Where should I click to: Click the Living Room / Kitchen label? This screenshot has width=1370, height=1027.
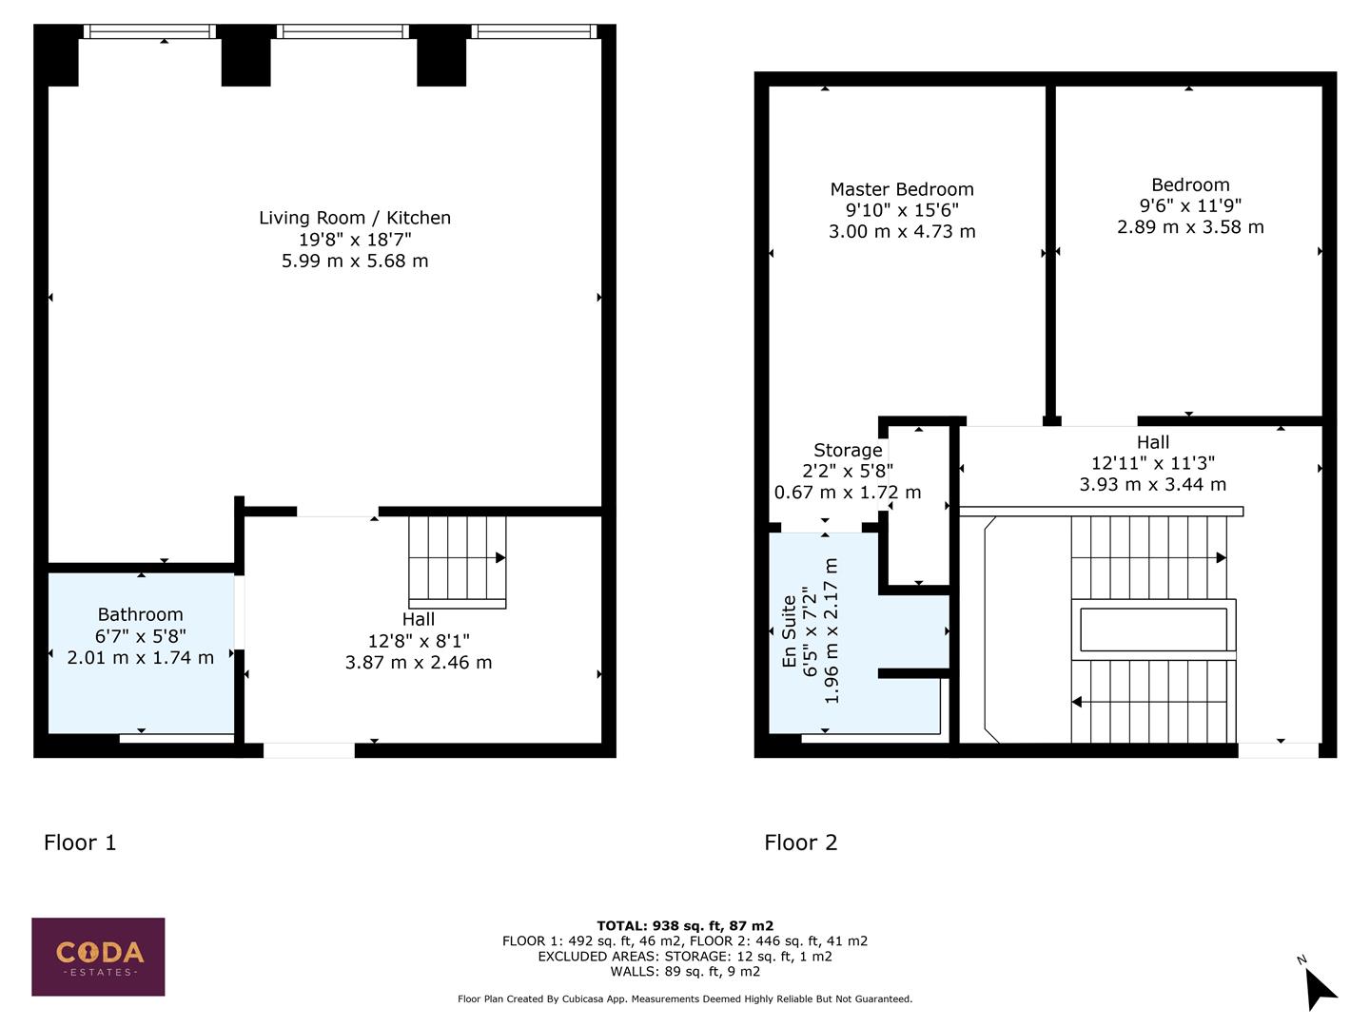(355, 218)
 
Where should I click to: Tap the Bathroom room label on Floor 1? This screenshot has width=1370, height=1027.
(140, 614)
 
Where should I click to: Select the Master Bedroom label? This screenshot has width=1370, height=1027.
(902, 189)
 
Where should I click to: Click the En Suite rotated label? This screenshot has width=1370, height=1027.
(789, 631)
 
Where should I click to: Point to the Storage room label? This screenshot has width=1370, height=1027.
(848, 450)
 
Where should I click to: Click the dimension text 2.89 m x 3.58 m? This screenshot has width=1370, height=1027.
(1190, 227)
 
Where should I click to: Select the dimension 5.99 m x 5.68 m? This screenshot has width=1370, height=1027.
(355, 261)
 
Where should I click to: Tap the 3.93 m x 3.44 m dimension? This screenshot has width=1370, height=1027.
(1152, 485)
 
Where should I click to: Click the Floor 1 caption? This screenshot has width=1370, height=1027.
(80, 843)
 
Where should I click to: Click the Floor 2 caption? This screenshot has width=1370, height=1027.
(800, 843)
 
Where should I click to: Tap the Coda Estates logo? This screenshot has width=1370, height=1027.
(98, 957)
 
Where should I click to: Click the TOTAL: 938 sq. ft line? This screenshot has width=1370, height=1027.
(684, 925)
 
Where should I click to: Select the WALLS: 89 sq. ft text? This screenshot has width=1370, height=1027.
(684, 971)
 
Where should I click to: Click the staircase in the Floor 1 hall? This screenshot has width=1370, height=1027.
(457, 561)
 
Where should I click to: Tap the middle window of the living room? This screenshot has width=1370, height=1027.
(343, 31)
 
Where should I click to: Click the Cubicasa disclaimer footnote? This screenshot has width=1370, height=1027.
(684, 999)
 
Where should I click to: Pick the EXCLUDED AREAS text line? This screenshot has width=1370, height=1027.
(684, 956)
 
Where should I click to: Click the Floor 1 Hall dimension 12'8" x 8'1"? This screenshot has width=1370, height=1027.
(419, 641)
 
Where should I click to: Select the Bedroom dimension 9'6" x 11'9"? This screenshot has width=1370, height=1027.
(1190, 205)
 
